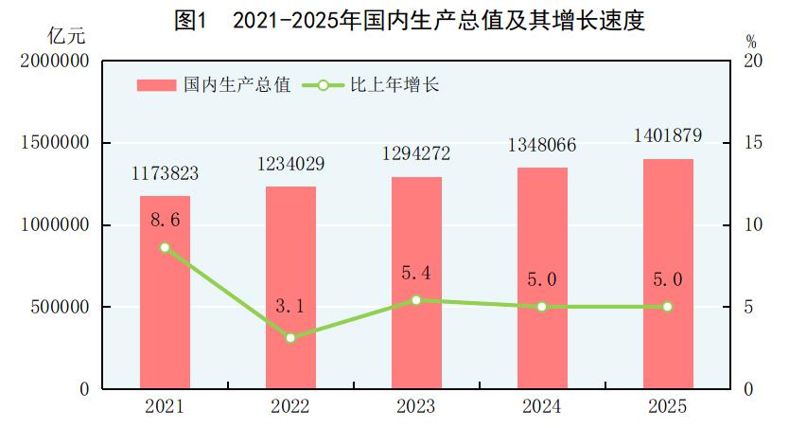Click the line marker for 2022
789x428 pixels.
pyautogui.click(x=290, y=338)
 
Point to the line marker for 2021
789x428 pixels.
pyautogui.click(x=165, y=247)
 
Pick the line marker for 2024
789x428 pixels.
pyautogui.click(x=542, y=307)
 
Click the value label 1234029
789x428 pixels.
pyautogui.click(x=290, y=164)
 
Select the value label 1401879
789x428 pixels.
pyautogui.click(x=667, y=135)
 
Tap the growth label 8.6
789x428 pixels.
pyautogui.click(x=165, y=220)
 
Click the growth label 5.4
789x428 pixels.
pyautogui.click(x=416, y=274)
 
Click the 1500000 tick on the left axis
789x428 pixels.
pyautogui.click(x=54, y=143)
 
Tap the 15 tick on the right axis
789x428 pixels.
pyautogui.click(x=753, y=143)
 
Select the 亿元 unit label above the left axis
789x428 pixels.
pyautogui.click(x=66, y=38)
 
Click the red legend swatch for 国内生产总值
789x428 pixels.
pyautogui.click(x=156, y=85)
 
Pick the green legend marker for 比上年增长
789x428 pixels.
pyautogui.click(x=323, y=85)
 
